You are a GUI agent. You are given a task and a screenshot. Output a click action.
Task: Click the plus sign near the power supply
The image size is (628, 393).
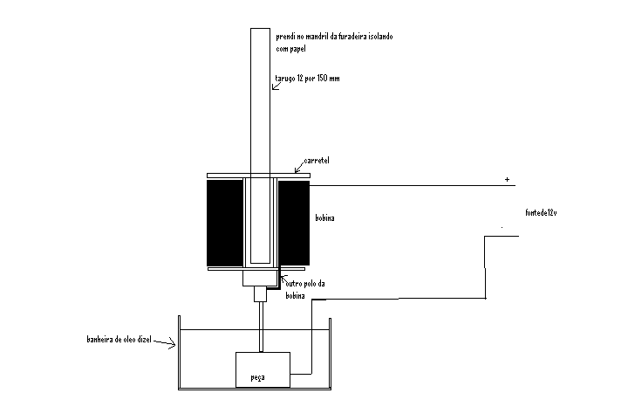coord(507,179)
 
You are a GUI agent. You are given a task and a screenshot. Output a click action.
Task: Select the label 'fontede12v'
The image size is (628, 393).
coord(541,212)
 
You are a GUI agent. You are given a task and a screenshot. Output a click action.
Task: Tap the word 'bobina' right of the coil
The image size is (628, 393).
coord(324,217)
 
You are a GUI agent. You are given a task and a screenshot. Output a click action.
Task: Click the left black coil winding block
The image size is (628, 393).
coord(225,223)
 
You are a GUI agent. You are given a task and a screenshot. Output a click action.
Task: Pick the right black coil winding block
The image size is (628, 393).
coord(294,223)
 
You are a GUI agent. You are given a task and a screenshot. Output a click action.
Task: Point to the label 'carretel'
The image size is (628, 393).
coord(317,161)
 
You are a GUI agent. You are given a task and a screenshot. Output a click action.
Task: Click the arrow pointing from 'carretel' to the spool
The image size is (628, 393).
coord(299,167)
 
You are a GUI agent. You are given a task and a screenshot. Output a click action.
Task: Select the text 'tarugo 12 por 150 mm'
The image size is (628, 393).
coord(307,79)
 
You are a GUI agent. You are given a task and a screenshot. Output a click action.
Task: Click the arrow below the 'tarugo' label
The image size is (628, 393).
coord(276,86)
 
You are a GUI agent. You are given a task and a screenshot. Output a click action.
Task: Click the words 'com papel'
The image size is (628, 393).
coord(290,49)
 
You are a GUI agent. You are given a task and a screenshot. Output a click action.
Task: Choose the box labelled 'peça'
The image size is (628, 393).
coord(263,369)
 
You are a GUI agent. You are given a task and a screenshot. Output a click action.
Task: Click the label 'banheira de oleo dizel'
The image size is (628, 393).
coord(119,339)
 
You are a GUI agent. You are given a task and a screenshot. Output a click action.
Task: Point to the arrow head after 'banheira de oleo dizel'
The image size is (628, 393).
coord(172,343)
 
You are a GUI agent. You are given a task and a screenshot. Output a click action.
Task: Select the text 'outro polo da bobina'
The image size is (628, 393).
coord(304,290)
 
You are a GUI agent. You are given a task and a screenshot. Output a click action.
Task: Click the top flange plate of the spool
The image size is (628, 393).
coord(258,176)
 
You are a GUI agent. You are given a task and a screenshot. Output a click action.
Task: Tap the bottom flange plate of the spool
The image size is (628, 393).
coord(256,269)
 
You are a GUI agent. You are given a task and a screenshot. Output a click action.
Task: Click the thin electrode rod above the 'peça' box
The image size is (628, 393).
coord(262,327)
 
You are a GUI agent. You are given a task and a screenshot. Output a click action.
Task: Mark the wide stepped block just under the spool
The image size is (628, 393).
coord(260,279)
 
